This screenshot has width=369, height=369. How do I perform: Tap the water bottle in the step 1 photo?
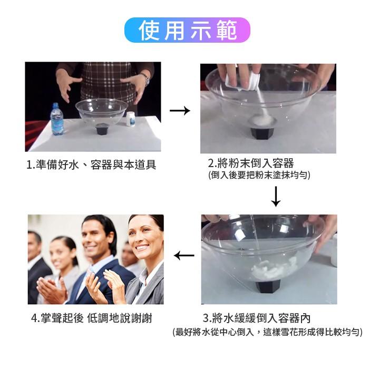click(x=56, y=119)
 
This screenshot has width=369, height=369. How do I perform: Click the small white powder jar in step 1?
click(x=130, y=119)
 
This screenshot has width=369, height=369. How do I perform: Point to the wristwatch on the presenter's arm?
click(x=144, y=79)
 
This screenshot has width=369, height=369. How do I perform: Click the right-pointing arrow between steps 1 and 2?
click(x=180, y=111)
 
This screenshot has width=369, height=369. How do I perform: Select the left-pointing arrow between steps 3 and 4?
click(x=184, y=256)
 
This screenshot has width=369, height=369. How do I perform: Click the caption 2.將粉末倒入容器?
click(x=251, y=163)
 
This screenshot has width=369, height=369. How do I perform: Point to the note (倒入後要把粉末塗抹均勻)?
click(x=259, y=174)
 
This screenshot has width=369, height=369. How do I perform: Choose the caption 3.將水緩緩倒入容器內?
click(x=257, y=318)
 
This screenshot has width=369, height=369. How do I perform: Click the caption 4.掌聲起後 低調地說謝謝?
click(x=91, y=318)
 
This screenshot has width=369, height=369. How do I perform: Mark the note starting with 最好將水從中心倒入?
click(x=267, y=332)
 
